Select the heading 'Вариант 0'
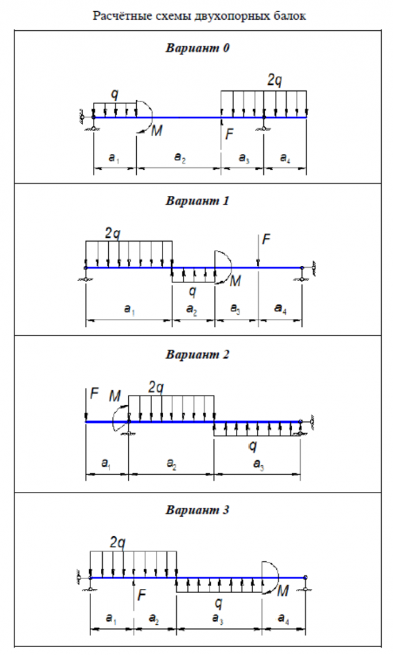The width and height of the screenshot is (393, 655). click(x=197, y=48)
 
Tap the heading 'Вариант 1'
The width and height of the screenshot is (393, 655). click(x=197, y=201)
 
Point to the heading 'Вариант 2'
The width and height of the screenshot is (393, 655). click(x=197, y=355)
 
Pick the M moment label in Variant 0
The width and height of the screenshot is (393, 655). click(x=157, y=131)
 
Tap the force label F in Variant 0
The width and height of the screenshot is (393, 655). click(x=229, y=135)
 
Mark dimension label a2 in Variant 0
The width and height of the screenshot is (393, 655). click(x=178, y=158)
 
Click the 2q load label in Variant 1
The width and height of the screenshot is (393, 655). click(x=113, y=233)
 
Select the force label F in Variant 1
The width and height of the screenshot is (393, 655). click(x=265, y=239)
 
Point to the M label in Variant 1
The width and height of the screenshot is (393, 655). click(x=236, y=281)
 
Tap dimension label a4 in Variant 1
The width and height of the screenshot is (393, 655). click(x=280, y=310)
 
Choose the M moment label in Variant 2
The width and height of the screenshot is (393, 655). click(x=115, y=396)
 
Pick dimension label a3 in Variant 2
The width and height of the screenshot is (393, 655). click(x=257, y=464)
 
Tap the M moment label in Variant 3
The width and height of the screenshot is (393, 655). click(x=283, y=591)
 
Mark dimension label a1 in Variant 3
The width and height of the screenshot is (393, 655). click(x=111, y=619)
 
